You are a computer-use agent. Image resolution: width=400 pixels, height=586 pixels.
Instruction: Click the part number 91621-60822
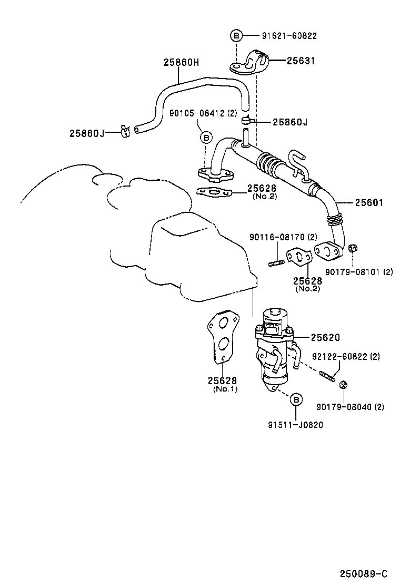click(289, 36)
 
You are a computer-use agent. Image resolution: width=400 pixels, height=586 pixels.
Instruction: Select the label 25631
click(301, 61)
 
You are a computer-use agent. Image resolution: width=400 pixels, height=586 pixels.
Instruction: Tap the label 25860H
click(181, 62)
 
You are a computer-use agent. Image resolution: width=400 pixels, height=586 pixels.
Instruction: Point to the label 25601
click(369, 202)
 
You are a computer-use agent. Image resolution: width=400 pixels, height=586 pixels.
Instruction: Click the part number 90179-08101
click(359, 272)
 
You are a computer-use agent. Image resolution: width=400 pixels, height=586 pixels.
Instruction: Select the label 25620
click(325, 337)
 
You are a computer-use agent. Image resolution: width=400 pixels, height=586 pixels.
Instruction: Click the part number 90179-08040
click(350, 406)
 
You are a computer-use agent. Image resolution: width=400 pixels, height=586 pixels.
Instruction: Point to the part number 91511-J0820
click(295, 424)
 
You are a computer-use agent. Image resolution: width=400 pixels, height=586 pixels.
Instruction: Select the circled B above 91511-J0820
click(296, 400)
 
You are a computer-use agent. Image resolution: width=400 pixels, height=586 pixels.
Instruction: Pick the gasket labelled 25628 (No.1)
click(222, 336)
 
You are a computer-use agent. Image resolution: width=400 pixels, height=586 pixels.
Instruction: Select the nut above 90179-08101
click(353, 248)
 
